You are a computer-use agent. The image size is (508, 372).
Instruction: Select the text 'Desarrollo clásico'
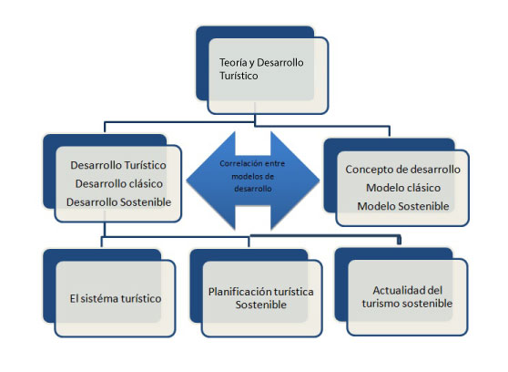(119, 184)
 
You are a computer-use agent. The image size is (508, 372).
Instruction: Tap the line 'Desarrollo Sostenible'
(118, 202)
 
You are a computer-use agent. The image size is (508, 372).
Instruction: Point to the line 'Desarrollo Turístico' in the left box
(118, 165)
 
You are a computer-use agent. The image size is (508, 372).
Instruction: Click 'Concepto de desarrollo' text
(402, 170)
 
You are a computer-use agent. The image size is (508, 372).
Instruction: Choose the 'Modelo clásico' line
(403, 188)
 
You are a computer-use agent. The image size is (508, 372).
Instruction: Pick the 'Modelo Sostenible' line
(403, 206)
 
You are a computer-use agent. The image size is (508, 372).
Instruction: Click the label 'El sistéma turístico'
(116, 299)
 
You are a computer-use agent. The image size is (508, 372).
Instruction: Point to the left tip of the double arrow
(187, 181)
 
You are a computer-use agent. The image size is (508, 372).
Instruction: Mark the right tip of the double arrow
(320, 181)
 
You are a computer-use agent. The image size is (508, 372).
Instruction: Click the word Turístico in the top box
(239, 76)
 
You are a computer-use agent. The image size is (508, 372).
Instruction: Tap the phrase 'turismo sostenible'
(407, 304)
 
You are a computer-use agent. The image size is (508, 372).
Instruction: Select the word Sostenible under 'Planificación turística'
(260, 305)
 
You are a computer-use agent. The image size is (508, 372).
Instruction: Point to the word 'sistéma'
(100, 299)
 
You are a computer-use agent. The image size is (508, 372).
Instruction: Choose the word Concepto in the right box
(366, 170)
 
